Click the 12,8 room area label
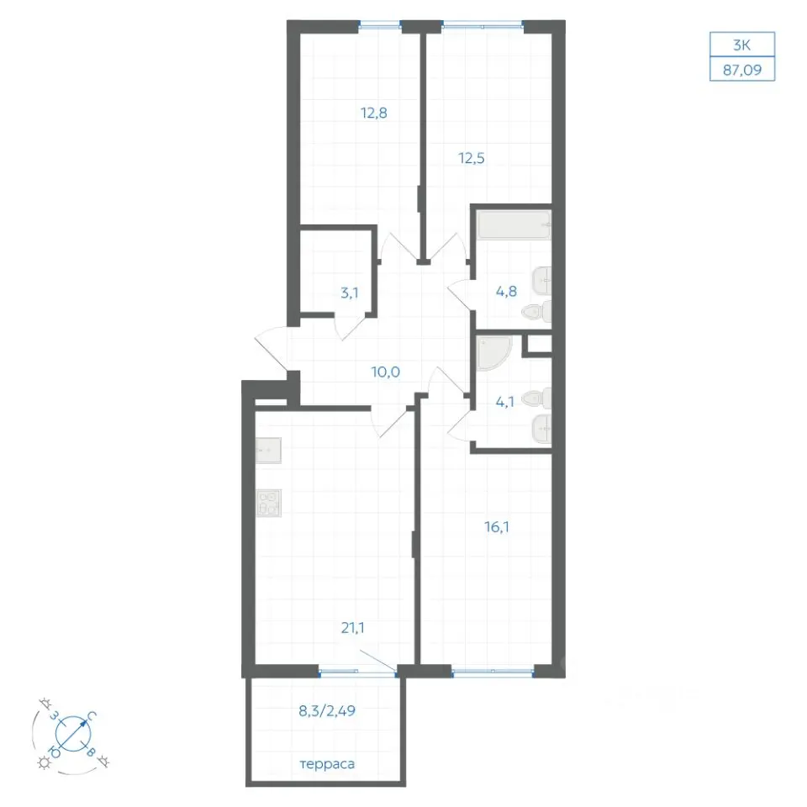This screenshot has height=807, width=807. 373,113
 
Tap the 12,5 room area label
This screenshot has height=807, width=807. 472,158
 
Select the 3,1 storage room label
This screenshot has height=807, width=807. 350,293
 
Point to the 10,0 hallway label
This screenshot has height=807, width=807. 386,372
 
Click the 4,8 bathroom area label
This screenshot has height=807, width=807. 506,292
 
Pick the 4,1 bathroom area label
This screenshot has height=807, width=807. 505,402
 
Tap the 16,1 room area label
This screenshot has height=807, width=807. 497,527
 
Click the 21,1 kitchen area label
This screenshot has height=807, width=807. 352,627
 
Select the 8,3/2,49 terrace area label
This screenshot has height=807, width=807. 327,711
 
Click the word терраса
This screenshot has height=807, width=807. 327,764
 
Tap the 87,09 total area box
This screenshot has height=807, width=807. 742,70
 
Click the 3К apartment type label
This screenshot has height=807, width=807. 742,45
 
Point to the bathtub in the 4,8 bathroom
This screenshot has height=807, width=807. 514,224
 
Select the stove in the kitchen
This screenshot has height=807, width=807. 269,503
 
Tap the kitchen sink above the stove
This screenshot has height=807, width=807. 269,451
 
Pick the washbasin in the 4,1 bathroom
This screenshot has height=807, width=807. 541,429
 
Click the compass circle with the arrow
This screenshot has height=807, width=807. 73,733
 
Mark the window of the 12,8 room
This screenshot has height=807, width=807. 380,24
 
